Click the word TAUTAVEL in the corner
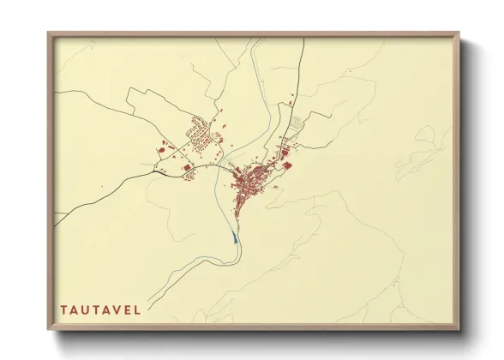(100, 309)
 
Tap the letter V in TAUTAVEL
(116, 309)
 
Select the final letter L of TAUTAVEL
(137, 309)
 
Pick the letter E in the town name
(127, 309)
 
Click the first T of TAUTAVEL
(64, 309)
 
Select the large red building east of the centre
(288, 166)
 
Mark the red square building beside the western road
(186, 167)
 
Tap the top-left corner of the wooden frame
(49, 34)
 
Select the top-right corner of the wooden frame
(458, 34)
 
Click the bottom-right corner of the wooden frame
(458, 328)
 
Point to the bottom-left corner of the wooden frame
(49, 328)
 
